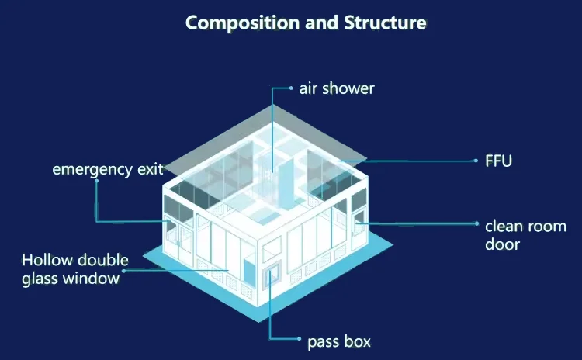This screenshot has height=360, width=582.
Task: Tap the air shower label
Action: pyautogui.click(x=337, y=88)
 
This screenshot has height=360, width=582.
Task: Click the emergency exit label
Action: pyautogui.click(x=108, y=168)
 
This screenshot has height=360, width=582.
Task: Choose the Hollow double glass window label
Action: pyautogui.click(x=74, y=268)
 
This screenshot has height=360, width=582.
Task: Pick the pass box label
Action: pyautogui.click(x=339, y=341)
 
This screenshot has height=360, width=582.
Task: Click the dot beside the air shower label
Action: pyautogui.click(x=290, y=88)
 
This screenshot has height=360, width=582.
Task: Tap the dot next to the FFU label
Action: pyautogui.click(x=476, y=161)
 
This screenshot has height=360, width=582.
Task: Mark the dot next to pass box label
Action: pyautogui.click(x=300, y=340)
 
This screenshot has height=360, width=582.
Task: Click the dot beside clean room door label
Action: pyautogui.click(x=476, y=224)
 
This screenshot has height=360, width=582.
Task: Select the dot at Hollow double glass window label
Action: pyautogui.click(x=124, y=271)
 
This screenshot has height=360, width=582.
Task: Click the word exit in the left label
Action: pyautogui.click(x=151, y=168)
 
